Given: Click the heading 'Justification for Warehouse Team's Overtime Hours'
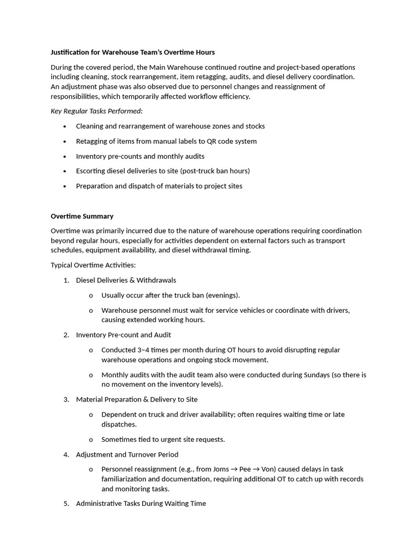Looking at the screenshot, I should coord(133,52).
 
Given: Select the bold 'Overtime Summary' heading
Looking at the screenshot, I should coord(82,216).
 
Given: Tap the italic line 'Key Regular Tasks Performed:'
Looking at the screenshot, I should coord(96,111).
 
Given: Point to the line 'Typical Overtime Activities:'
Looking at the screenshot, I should coord(93,265).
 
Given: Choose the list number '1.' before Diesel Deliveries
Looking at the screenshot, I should coord(66,280).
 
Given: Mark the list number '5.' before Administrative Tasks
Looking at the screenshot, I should coord(66,503).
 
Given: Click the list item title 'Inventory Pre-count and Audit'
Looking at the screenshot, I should coord(124,335).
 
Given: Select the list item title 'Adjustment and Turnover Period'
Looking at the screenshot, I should coord(127,454).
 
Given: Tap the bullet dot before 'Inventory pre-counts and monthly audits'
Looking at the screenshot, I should coord(65,156).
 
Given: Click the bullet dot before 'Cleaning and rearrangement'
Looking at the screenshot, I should coord(65,126).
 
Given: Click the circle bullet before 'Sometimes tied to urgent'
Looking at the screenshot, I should coord(91,440).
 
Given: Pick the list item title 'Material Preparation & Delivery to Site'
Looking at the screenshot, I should coord(137,399).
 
